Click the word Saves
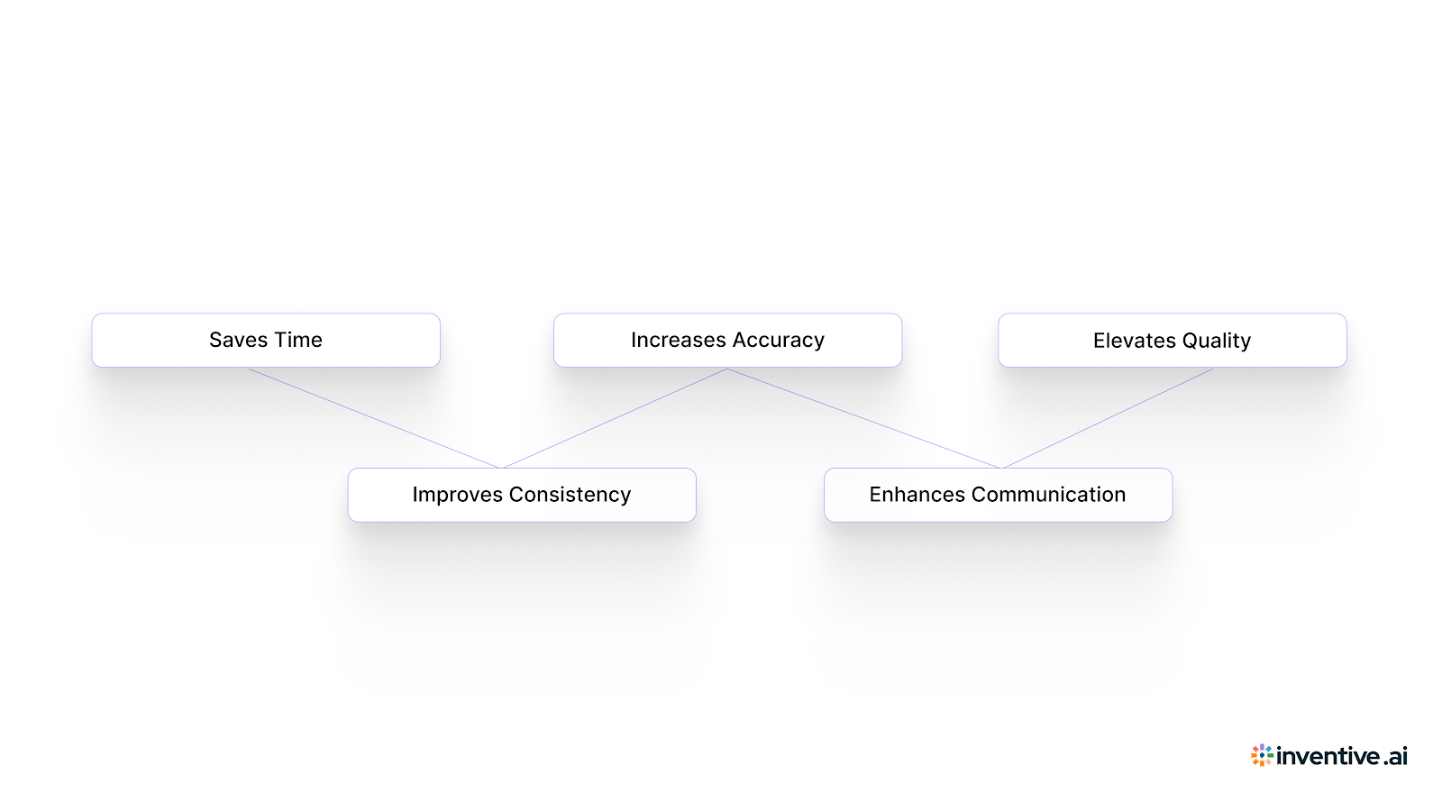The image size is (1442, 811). (x=239, y=341)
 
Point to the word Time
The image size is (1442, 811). (x=298, y=341)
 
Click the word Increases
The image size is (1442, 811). (x=678, y=341)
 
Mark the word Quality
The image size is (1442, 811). (x=1217, y=341)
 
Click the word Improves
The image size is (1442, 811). (x=457, y=495)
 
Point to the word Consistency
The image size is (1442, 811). (x=570, y=495)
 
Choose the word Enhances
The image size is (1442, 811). (x=917, y=495)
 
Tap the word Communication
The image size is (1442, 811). (x=1048, y=495)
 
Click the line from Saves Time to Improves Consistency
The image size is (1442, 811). (x=374, y=418)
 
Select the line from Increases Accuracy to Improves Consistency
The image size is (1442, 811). (x=615, y=418)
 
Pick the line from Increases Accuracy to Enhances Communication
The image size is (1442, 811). (x=863, y=418)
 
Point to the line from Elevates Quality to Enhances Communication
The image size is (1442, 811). (x=1108, y=418)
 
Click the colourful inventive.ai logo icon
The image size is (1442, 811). (x=1262, y=755)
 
